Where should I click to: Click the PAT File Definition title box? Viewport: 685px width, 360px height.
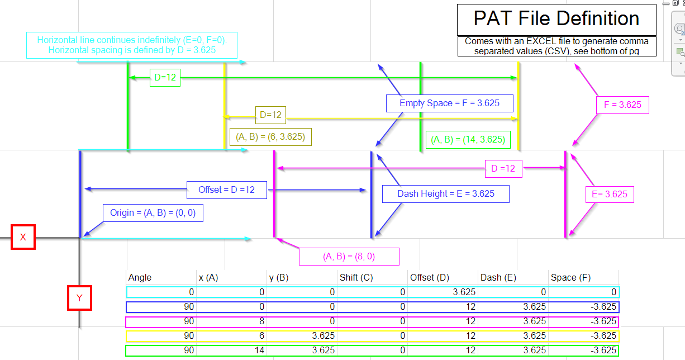[556, 20]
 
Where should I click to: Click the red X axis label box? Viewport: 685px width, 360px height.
[23, 237]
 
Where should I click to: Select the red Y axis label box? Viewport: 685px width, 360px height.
[79, 298]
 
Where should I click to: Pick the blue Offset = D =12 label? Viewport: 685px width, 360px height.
[226, 190]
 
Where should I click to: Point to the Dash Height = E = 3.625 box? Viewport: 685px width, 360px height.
[446, 194]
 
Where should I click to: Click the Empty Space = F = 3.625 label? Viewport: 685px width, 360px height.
[449, 103]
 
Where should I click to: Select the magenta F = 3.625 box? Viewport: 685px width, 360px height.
[622, 105]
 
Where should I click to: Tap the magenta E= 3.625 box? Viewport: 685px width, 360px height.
[609, 195]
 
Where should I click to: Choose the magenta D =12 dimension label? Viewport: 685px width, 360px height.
[503, 168]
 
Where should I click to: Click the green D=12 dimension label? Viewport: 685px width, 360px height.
[165, 78]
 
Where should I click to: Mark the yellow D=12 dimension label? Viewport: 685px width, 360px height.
[270, 115]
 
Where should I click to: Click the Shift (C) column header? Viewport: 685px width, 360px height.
[356, 277]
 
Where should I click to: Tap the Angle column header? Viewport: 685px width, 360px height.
[140, 277]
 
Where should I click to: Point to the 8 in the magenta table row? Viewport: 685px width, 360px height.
[261, 321]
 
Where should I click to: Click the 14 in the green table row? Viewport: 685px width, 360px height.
[259, 350]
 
